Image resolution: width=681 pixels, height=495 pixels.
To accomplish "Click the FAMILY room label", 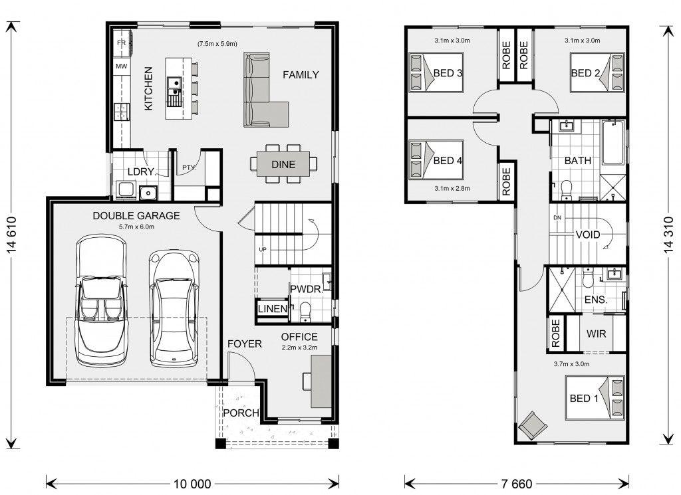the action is pos(301,75).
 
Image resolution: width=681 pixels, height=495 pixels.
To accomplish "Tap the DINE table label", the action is pos(283,164).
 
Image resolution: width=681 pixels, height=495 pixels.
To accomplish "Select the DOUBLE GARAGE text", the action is pos(136,216).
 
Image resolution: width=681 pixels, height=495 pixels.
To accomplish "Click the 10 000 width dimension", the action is pos(192,484).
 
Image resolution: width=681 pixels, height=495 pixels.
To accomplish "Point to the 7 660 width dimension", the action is pos(516,484).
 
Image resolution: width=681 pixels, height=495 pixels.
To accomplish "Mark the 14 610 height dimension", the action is pos(11,235).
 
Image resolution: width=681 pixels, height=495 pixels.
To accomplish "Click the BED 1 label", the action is pos(584,398).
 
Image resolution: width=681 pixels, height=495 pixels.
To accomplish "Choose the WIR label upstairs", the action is pos(596,334).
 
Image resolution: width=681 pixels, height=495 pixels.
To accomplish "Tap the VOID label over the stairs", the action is pos(588,235).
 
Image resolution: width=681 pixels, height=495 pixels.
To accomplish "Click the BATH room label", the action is pos(578,161).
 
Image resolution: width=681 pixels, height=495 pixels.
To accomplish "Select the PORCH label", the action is pos(241,413).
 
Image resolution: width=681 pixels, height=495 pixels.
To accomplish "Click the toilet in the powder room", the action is pos(305,312).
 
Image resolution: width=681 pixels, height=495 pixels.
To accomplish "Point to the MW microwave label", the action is pos(122,66).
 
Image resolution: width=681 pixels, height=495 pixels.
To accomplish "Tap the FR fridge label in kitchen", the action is pos(122,43).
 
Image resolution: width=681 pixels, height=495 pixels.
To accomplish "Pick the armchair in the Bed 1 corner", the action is pos(533,424).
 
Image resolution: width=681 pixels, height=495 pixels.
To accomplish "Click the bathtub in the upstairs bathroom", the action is pos(613,142).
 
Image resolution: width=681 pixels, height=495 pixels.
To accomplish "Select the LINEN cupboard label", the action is pos(273,309).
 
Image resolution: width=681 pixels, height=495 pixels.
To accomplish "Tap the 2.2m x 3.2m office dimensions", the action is pos(299,347).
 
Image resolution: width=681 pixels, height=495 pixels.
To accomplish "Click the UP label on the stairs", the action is pos(262,249).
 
